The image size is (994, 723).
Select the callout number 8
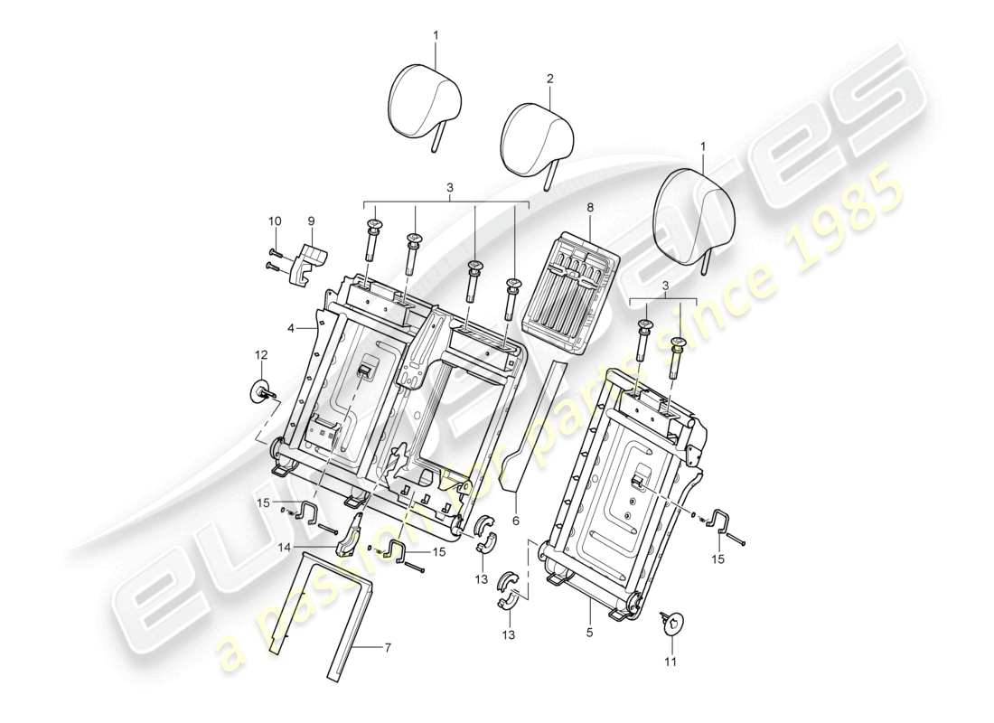coord(590,207)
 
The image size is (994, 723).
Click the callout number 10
coord(275,220)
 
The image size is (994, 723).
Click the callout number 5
coord(589,634)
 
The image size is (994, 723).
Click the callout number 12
coord(261,353)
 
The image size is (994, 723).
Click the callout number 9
coord(311,220)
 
